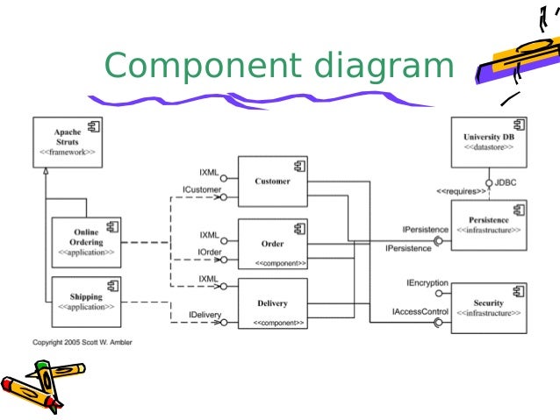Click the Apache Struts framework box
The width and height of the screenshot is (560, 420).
(68, 144)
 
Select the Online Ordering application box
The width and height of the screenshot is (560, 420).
(85, 242)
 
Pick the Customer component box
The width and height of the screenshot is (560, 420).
(272, 182)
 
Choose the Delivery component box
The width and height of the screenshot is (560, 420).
(272, 304)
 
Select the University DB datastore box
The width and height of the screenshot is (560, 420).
(489, 143)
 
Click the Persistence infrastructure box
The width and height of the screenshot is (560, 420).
(488, 224)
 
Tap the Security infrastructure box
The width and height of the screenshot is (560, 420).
(488, 307)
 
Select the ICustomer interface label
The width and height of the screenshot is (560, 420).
(201, 189)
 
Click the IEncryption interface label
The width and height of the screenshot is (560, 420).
(427, 284)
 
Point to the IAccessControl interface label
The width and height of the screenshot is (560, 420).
(421, 311)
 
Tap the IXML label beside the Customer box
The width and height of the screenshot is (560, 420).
(209, 171)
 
